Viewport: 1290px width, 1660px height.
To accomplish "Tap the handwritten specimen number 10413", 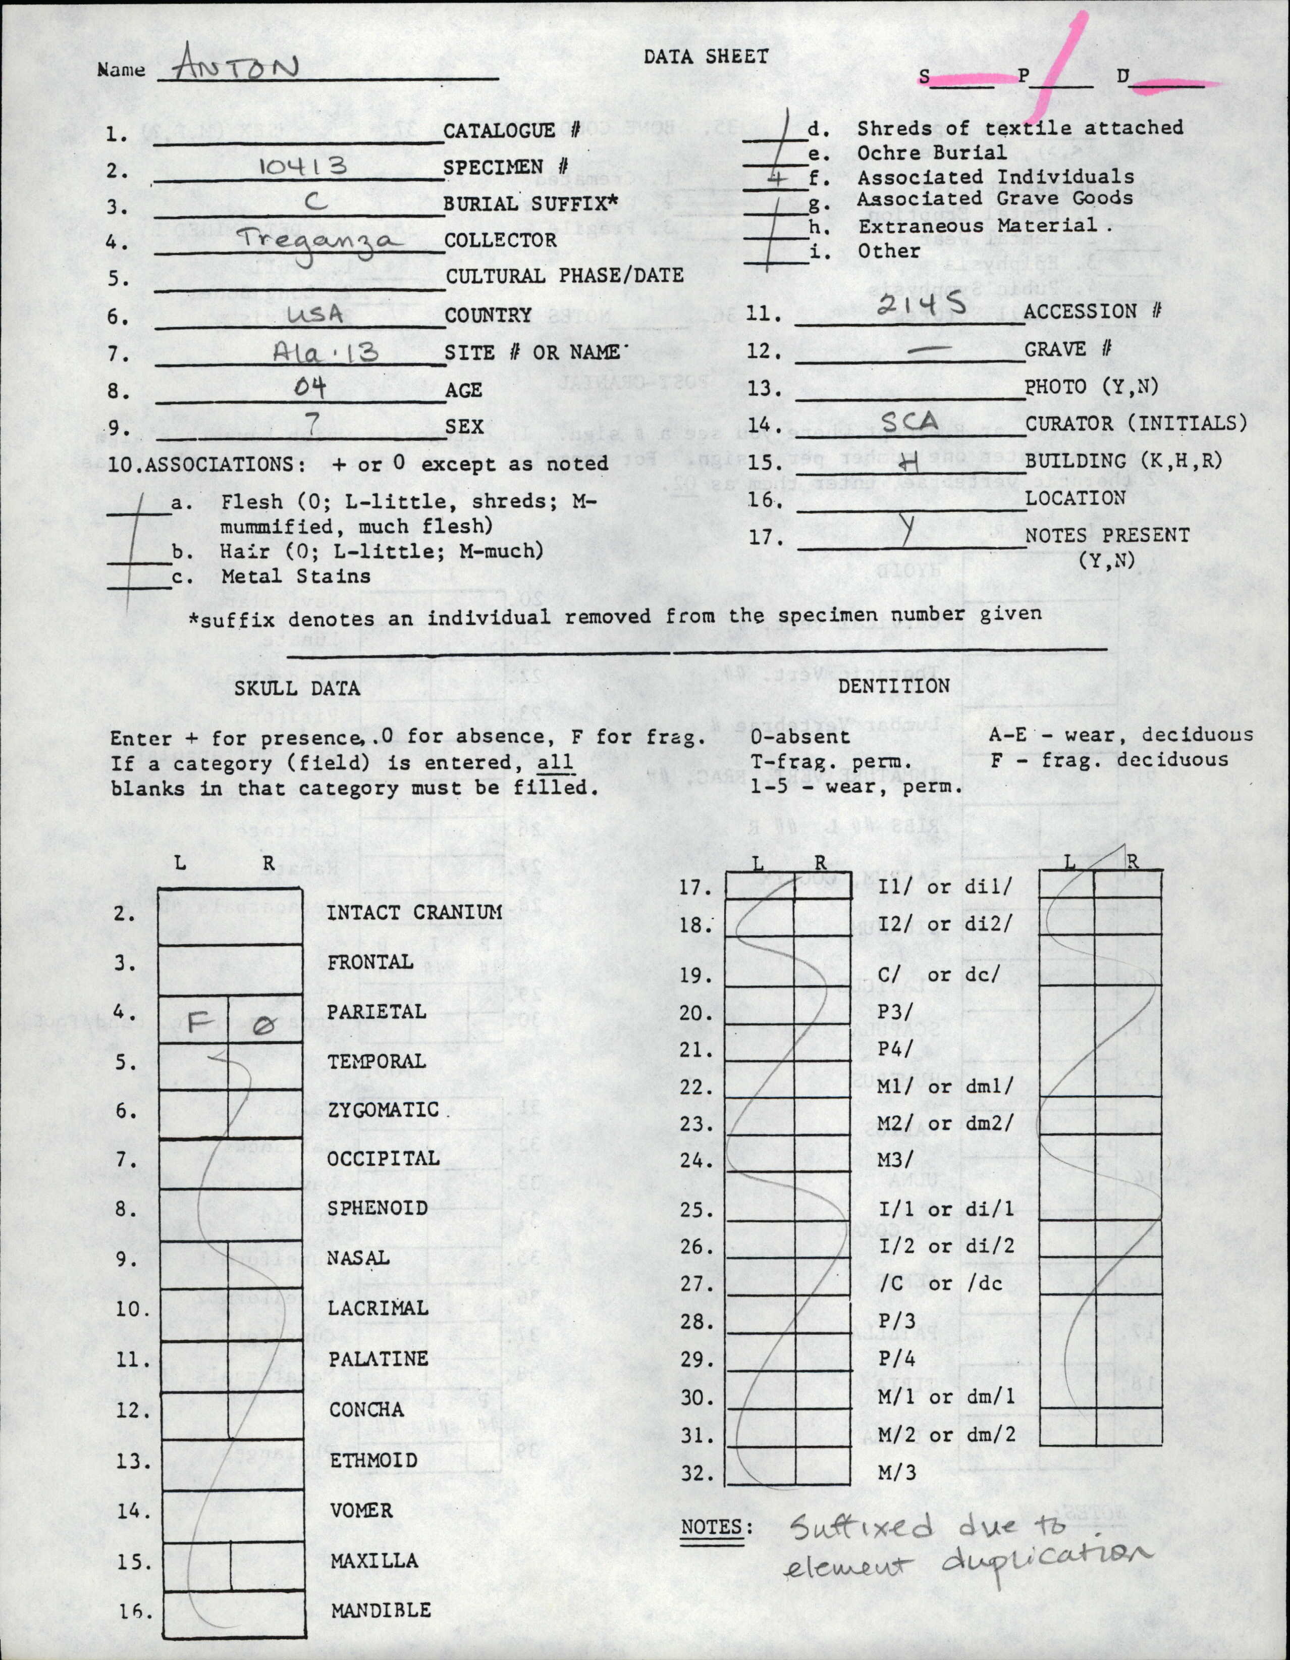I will (302, 165).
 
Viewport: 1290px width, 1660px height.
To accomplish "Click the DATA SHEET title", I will (706, 56).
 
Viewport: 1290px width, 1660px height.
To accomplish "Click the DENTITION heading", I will (893, 686).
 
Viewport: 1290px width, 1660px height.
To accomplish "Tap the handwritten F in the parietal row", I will (199, 1022).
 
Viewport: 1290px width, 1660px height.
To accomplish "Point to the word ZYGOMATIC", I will (383, 1110).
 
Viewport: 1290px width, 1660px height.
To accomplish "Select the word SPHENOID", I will (378, 1208).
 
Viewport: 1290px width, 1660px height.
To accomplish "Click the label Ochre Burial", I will (931, 153).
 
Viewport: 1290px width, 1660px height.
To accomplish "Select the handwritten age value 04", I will (310, 388).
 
